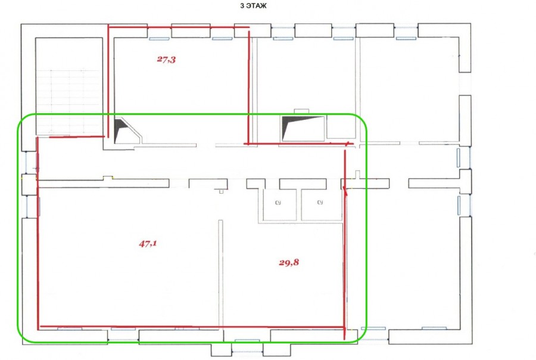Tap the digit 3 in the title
pos(242,6)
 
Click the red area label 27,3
pos(167,60)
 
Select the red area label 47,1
pos(148,244)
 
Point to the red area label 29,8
pos(289,262)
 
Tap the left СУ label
pos(278,203)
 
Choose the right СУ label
pos(320,202)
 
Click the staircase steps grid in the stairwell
pos(68,101)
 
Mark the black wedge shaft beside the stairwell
pos(120,130)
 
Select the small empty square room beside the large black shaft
pos(341,126)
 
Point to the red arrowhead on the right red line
pos(345,191)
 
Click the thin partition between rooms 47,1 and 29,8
pos(221,274)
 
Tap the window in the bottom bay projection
pos(247,341)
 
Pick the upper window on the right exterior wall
pos(459,157)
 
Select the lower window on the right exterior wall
pos(459,205)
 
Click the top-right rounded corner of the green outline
pos(361,120)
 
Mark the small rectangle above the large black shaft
pos(301,111)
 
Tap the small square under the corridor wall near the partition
pos(221,191)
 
